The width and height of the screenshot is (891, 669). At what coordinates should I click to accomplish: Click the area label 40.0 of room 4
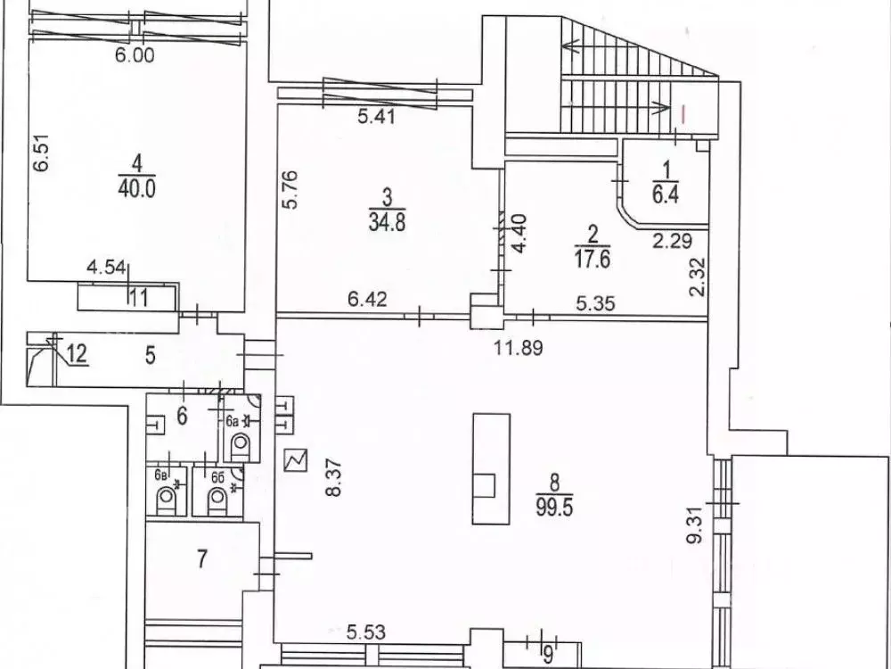[135, 186]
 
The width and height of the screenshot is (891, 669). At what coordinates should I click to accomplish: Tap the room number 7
[202, 560]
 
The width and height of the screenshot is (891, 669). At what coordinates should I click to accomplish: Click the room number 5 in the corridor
[151, 357]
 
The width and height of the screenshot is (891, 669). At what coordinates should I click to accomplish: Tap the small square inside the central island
[486, 485]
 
